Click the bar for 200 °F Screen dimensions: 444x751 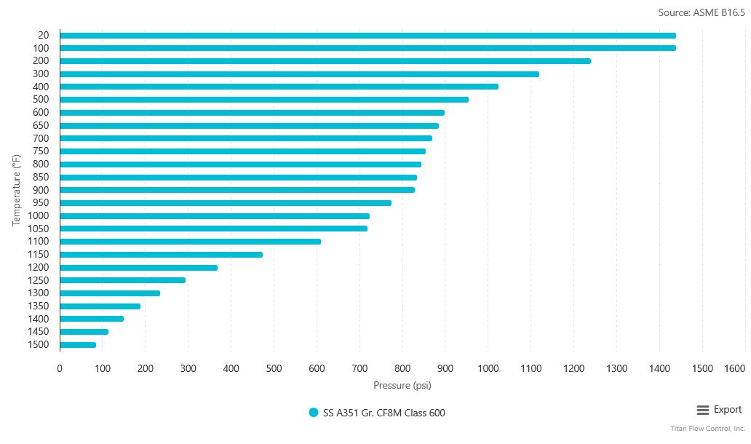click(x=325, y=61)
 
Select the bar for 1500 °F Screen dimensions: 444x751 click(x=78, y=345)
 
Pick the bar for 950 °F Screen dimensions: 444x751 click(x=226, y=203)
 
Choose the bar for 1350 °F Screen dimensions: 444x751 click(x=100, y=306)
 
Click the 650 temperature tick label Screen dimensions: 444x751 click(x=41, y=125)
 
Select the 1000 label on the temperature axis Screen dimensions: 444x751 click(x=38, y=215)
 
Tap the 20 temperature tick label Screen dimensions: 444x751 click(x=43, y=35)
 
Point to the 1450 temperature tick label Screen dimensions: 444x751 click(x=38, y=332)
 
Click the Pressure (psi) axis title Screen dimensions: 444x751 click(x=402, y=385)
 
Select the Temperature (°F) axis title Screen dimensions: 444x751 click(x=17, y=190)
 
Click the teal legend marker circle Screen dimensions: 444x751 click(x=314, y=413)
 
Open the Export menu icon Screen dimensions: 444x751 click(x=703, y=410)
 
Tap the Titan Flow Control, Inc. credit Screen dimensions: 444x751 click(x=707, y=429)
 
